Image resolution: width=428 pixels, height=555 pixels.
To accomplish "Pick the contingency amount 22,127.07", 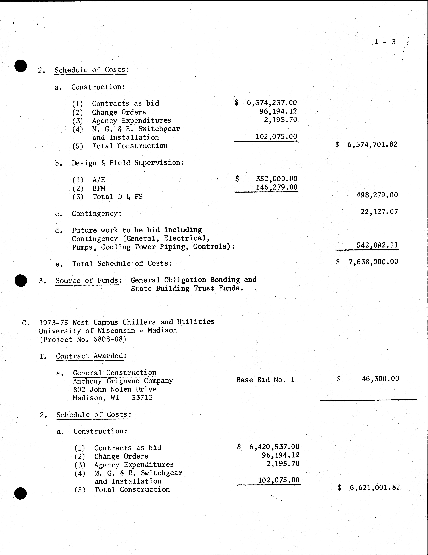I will pyautogui.click(x=379, y=212).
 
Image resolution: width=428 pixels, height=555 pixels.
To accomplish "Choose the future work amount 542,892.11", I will pyautogui.click(x=377, y=245).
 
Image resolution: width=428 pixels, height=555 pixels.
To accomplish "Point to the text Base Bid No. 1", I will pyautogui.click(x=265, y=380).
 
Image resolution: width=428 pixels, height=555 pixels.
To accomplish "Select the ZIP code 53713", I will pyautogui.click(x=142, y=398).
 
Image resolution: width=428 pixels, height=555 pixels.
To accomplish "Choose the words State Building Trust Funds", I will pyautogui.click(x=187, y=288).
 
